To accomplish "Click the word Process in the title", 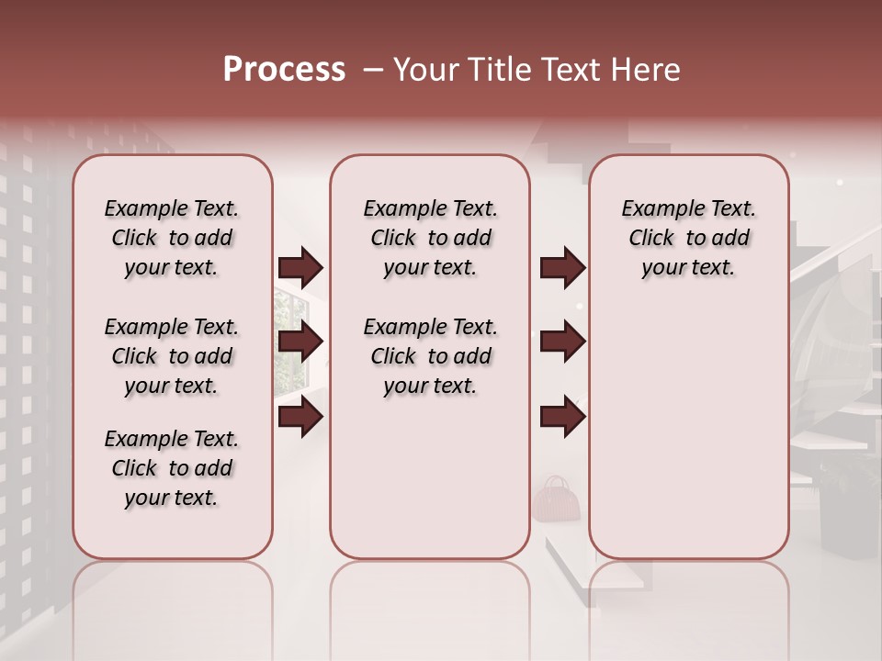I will click(x=284, y=70).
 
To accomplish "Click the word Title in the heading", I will click(x=498, y=70).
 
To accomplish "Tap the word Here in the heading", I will click(x=647, y=70).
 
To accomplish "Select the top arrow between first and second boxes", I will click(x=300, y=268).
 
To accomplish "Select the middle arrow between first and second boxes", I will click(x=300, y=342).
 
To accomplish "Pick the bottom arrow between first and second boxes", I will click(x=300, y=417).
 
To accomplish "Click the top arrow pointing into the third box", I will click(x=562, y=268).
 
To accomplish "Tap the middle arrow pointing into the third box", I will click(x=562, y=342).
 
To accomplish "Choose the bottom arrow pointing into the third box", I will click(x=562, y=417).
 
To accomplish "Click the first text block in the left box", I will click(x=172, y=238).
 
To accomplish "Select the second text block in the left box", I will click(x=172, y=356).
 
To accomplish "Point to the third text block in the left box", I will click(x=172, y=468).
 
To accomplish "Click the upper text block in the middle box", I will click(x=430, y=238).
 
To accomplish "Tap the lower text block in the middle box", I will click(x=430, y=356).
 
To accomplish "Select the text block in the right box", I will click(x=689, y=238).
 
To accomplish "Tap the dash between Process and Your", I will click(x=373, y=71).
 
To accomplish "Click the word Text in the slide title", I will click(x=571, y=70).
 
